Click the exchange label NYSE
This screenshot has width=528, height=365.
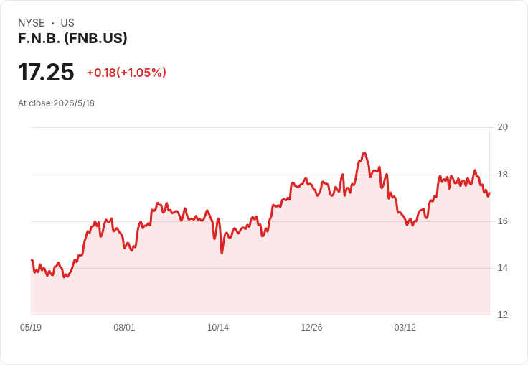(x=32, y=23)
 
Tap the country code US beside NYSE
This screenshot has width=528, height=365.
(x=67, y=23)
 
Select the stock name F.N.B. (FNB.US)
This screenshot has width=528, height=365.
(x=72, y=38)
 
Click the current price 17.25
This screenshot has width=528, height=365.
(x=46, y=72)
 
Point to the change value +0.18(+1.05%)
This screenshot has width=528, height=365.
(x=126, y=73)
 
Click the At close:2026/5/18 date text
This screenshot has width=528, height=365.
(x=56, y=103)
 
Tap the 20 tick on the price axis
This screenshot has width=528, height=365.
(x=502, y=127)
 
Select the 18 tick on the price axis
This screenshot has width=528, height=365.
(x=502, y=175)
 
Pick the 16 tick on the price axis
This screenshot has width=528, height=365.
(x=502, y=221)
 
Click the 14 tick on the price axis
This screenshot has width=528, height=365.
(x=502, y=268)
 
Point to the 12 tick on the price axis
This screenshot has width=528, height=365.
(x=502, y=315)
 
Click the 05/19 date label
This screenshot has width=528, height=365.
(x=31, y=328)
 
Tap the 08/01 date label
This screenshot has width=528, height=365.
(x=124, y=328)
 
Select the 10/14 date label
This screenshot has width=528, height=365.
(x=218, y=328)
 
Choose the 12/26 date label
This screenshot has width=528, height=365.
(x=311, y=328)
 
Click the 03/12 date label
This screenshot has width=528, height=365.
(x=405, y=328)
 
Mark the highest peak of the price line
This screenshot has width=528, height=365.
(x=364, y=153)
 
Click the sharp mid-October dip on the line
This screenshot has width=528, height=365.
(x=222, y=253)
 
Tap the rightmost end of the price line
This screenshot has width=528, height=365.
(x=489, y=193)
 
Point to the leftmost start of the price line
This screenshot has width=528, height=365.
(x=32, y=260)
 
